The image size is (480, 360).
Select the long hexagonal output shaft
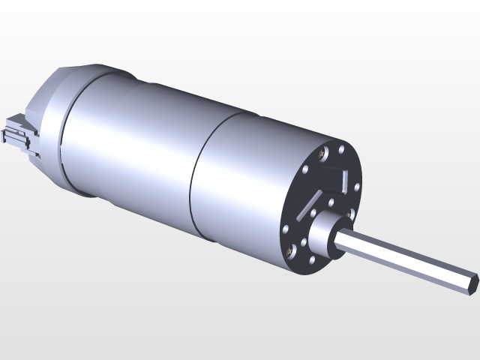tap(405, 259)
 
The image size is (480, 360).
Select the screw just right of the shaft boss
tap(349, 214)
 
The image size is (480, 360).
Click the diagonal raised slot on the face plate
tap(308, 205)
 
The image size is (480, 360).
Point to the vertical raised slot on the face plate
tap(344, 181)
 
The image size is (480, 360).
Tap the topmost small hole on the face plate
tap(341, 149)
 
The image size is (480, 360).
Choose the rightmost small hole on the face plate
tap(357, 187)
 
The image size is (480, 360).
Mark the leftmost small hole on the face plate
tap(286, 229)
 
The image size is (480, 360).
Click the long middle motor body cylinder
tap(135, 142)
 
